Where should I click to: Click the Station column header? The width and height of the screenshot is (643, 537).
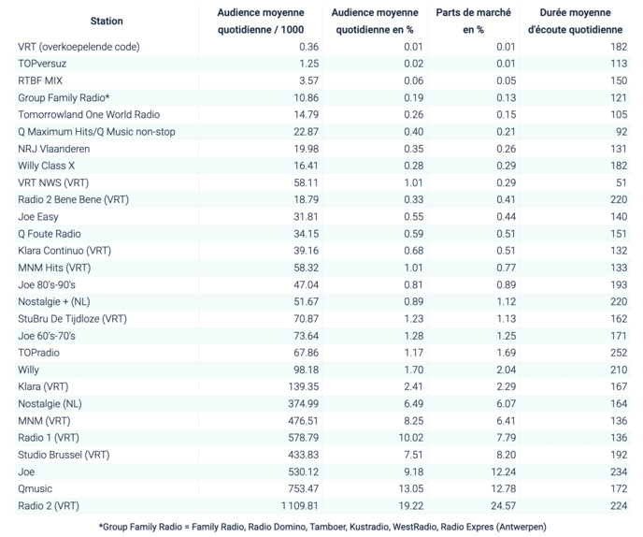107,21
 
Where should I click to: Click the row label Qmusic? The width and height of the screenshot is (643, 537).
36,488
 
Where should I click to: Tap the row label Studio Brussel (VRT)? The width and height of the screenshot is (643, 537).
64,455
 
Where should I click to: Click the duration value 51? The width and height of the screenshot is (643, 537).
622,182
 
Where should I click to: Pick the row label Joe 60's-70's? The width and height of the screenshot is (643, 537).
47,335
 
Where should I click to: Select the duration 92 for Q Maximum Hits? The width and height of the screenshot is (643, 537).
622,131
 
